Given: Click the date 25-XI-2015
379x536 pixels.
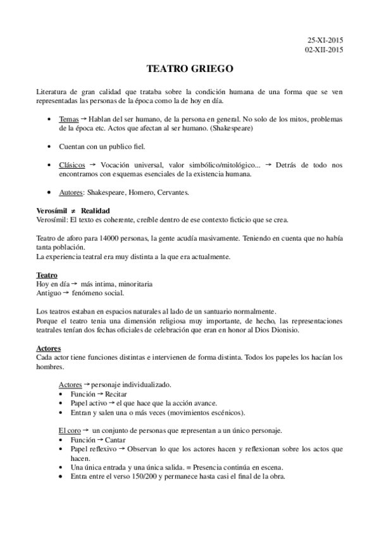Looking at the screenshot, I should point(325,40).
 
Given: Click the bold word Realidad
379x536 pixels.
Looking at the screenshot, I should point(96,210).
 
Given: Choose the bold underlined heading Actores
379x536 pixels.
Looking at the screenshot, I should point(49,348).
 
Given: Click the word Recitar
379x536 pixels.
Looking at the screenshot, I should point(116,394).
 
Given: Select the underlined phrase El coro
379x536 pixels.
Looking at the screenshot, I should point(70,430).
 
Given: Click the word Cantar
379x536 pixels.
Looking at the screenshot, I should point(115,440).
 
